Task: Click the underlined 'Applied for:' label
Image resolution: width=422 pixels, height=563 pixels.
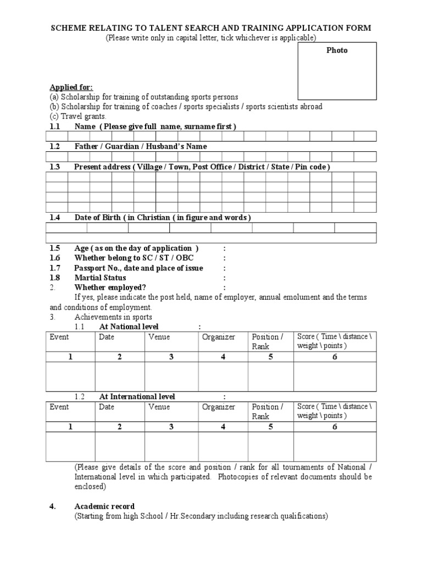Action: pos(71,87)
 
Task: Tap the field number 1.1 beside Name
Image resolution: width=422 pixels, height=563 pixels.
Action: pos(54,126)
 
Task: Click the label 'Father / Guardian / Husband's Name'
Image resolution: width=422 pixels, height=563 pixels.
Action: pos(141,146)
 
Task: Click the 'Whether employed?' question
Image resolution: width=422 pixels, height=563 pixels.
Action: pos(110,288)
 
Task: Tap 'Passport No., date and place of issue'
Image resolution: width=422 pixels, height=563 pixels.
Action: pos(138,268)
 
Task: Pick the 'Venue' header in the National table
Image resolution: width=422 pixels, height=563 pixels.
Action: pos(159,337)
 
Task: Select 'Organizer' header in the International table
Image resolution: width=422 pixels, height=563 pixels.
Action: pos(218,407)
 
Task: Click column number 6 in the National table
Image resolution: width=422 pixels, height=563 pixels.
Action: pos(335,357)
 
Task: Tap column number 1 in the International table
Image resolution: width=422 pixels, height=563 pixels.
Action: pos(70,427)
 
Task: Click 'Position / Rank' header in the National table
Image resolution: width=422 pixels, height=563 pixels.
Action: pos(268,341)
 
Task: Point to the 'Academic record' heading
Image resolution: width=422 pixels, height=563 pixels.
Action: pos(104,506)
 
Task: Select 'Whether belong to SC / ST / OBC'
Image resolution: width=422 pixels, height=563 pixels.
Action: pos(134,258)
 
